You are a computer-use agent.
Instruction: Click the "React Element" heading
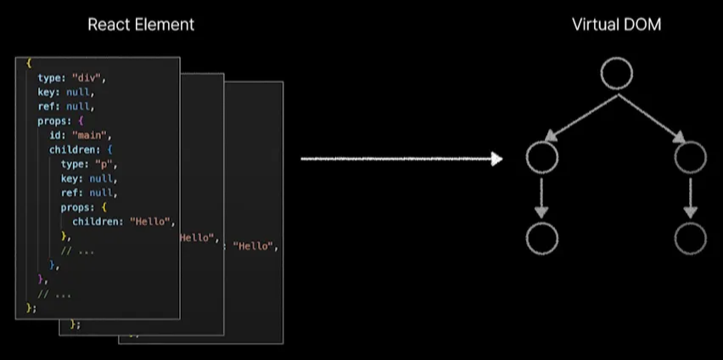pyautogui.click(x=141, y=25)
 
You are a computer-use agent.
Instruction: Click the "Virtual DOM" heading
pyautogui.click(x=617, y=25)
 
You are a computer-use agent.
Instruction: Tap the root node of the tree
pyautogui.click(x=617, y=75)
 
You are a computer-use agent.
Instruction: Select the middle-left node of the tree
pyautogui.click(x=542, y=157)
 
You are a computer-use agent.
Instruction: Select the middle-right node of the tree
pyautogui.click(x=690, y=157)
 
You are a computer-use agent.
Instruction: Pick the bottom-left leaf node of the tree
pyautogui.click(x=542, y=239)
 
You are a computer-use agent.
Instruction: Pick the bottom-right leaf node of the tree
pyautogui.click(x=690, y=239)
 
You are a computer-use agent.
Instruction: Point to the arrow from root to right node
pyautogui.click(x=653, y=115)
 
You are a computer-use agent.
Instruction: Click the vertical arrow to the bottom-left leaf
pyautogui.click(x=542, y=198)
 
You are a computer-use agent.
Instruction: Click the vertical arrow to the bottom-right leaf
pyautogui.click(x=690, y=198)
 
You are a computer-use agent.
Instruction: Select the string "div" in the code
pyautogui.click(x=87, y=78)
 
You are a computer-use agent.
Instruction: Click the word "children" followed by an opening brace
pyautogui.click(x=73, y=149)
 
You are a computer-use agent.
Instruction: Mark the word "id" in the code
pyautogui.click(x=55, y=135)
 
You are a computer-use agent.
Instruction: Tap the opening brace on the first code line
pyautogui.click(x=29, y=63)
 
